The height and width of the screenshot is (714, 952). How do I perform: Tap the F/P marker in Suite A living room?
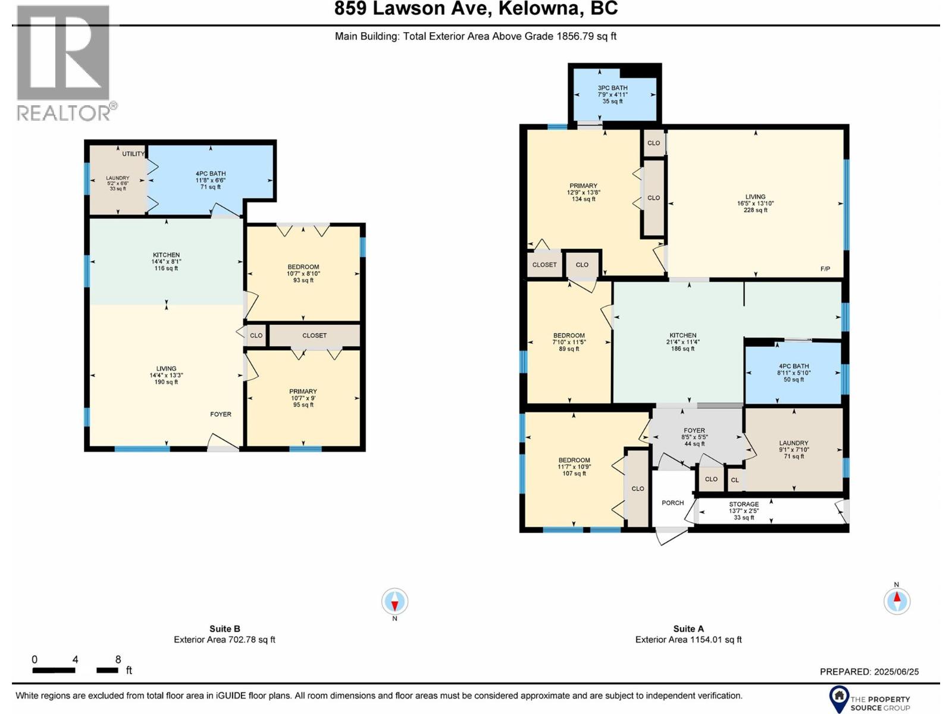pyautogui.click(x=825, y=269)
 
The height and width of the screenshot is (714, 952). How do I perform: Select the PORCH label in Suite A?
pyautogui.click(x=672, y=503)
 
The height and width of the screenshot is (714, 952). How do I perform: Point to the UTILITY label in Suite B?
pyautogui.click(x=133, y=154)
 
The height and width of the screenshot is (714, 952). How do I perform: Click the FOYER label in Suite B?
pyautogui.click(x=220, y=414)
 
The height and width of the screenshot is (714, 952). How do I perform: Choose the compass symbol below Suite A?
pyautogui.click(x=897, y=600)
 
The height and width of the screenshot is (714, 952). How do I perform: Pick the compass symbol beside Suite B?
pyautogui.click(x=394, y=602)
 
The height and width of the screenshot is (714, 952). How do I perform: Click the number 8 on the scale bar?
pyautogui.click(x=118, y=659)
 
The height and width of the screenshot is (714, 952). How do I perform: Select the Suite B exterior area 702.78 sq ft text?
pyautogui.click(x=224, y=640)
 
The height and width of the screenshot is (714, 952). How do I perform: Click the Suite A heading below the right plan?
pyautogui.click(x=688, y=628)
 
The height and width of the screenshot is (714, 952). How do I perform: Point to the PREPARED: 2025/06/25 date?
pyautogui.click(x=869, y=671)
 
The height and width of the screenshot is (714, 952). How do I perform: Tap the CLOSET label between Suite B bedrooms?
pyautogui.click(x=314, y=336)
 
